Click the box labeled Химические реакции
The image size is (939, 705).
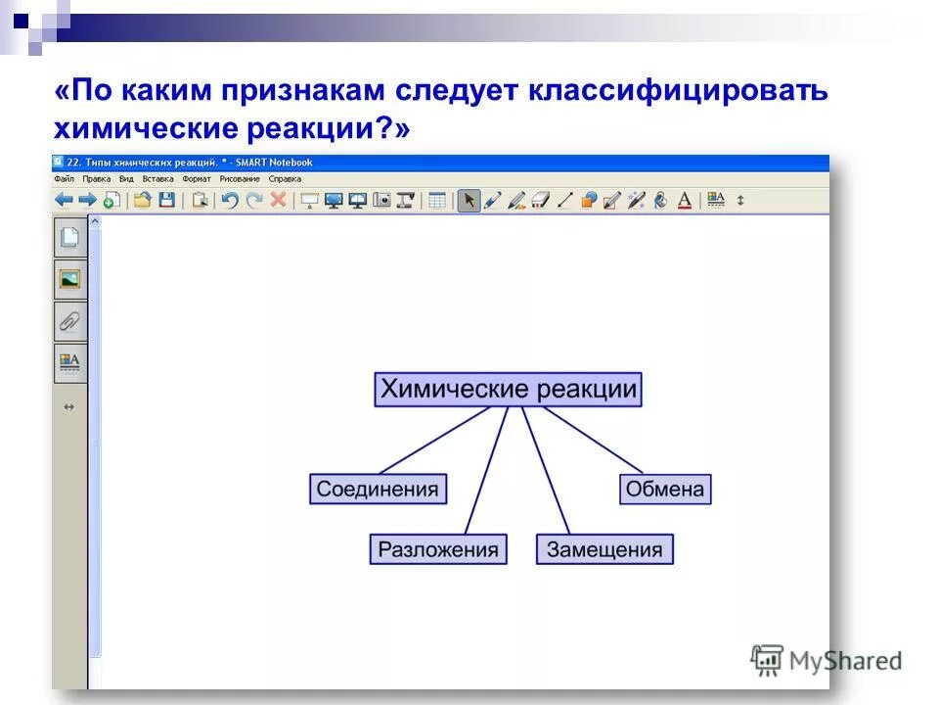[x=508, y=390]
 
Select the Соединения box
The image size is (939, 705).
[x=379, y=489]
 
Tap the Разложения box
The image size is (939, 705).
[x=438, y=549]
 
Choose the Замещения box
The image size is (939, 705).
[x=604, y=549]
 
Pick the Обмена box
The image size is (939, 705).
[x=665, y=489]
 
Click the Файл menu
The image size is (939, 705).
[x=65, y=179]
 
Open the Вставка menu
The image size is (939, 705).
[x=157, y=179]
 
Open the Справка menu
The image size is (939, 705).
[x=285, y=179]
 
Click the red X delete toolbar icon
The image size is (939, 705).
[x=278, y=200]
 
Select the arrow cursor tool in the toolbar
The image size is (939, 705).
[x=469, y=200]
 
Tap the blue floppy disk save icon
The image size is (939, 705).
[x=166, y=200]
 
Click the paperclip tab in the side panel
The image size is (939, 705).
[x=69, y=320]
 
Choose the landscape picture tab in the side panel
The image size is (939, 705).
[x=69, y=279]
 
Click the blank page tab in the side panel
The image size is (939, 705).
[x=69, y=238]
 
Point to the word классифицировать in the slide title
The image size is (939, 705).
[x=679, y=91]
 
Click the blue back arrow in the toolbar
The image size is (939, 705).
[x=64, y=200]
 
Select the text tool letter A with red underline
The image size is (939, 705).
[x=685, y=200]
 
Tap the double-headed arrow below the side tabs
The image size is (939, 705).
[x=68, y=406]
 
